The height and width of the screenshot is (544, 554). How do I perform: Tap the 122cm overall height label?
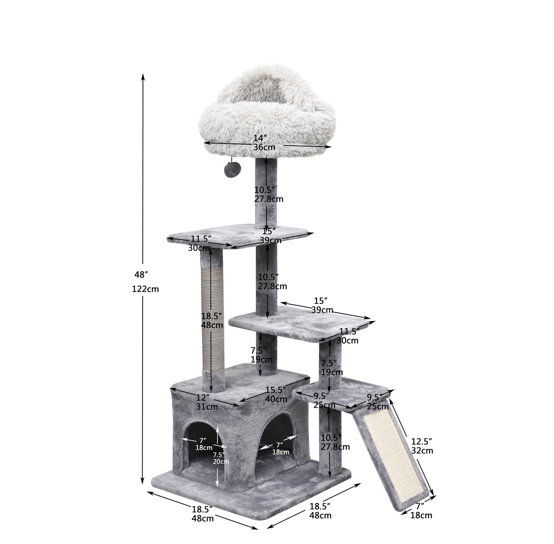[x=145, y=289]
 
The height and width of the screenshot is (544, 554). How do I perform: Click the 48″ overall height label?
[x=141, y=274]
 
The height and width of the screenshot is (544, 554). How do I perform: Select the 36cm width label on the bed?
[x=264, y=147]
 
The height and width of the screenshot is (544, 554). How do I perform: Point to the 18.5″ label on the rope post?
[x=212, y=316]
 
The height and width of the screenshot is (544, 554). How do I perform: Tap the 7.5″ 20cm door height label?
[x=221, y=458]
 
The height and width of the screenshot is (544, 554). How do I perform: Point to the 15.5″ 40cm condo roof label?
[x=276, y=394]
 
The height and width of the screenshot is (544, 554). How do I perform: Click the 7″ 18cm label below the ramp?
[x=421, y=511]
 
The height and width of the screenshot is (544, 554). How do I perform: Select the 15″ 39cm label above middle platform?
[x=322, y=305]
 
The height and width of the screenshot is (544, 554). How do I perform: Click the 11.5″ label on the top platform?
[x=201, y=239]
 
